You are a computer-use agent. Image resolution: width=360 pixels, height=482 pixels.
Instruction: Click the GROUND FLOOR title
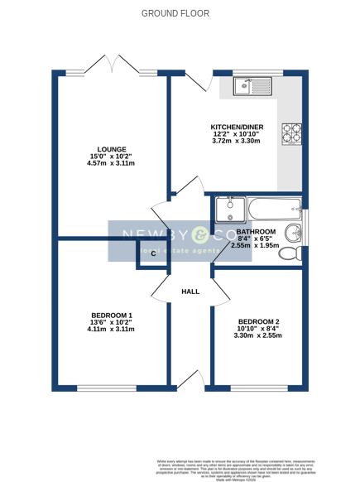175,13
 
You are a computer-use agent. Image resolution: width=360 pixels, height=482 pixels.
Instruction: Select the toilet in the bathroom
289,253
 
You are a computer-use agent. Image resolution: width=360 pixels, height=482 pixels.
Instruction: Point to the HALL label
191,292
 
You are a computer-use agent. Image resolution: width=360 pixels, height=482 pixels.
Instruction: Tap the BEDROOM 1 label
112,315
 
